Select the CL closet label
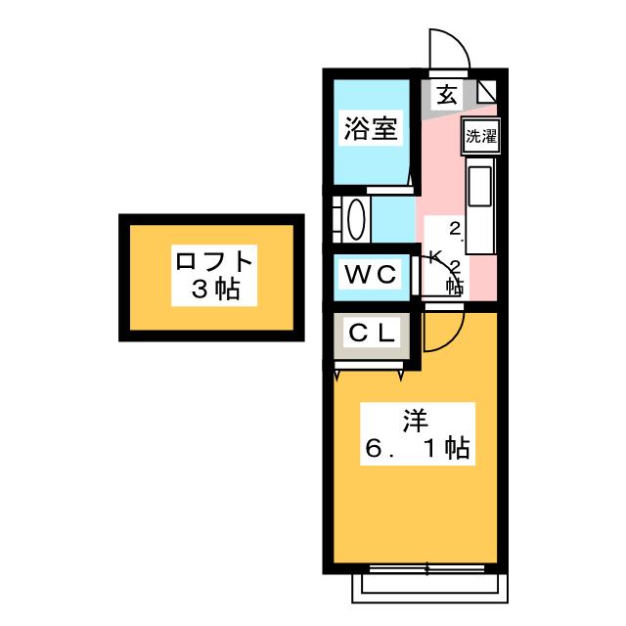pyautogui.click(x=372, y=334)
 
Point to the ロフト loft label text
pyautogui.click(x=214, y=262)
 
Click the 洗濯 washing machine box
pyautogui.click(x=480, y=137)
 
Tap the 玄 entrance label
pyautogui.click(x=446, y=95)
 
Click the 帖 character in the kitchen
pyautogui.click(x=455, y=286)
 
